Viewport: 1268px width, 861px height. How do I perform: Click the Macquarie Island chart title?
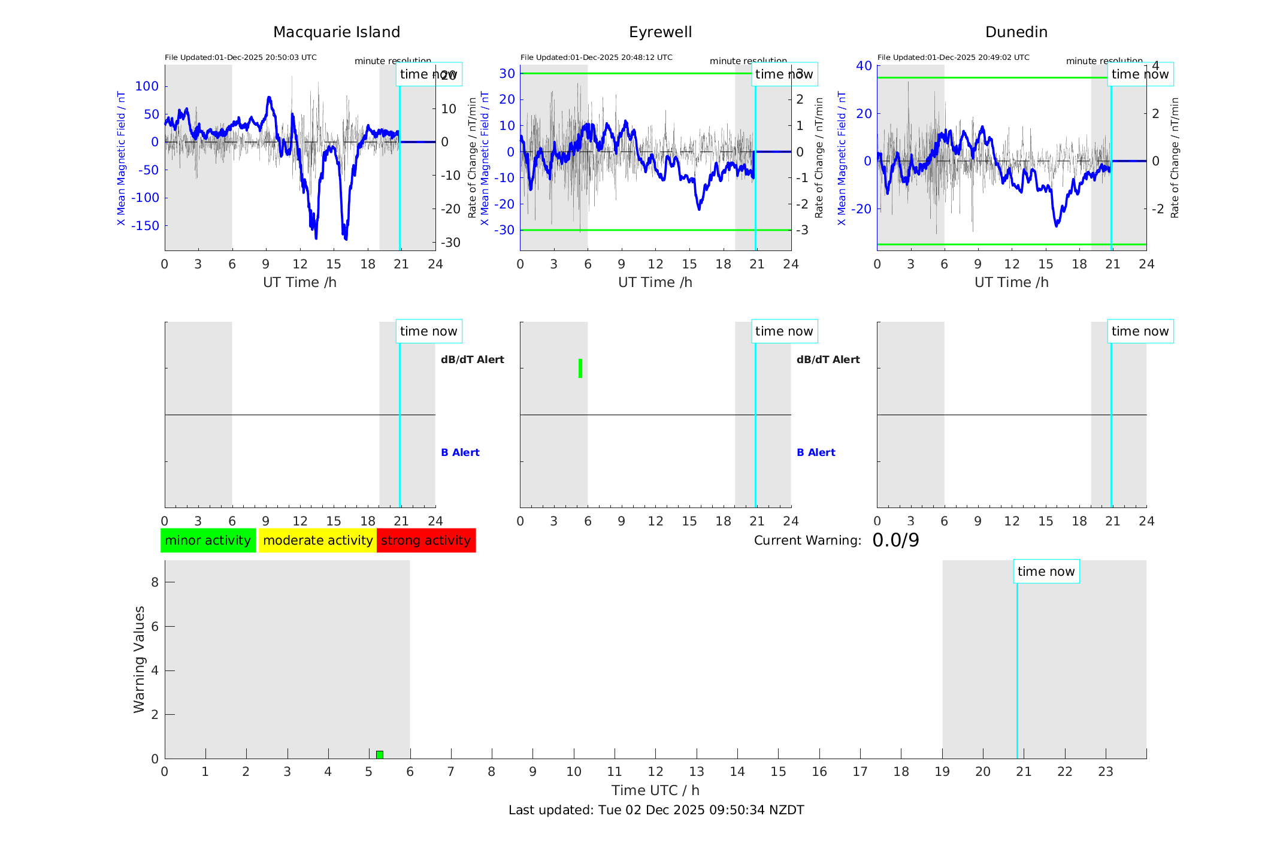point(337,32)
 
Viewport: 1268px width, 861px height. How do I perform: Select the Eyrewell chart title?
point(660,32)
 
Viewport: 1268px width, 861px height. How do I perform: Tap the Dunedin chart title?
point(1016,32)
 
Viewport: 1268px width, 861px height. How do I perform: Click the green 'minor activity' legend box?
point(208,540)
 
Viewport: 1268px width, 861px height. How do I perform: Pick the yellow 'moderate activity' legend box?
point(317,540)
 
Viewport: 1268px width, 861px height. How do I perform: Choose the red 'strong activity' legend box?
point(426,540)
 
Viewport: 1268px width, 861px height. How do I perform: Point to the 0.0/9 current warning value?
point(895,540)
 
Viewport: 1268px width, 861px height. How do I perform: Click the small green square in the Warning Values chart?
point(380,754)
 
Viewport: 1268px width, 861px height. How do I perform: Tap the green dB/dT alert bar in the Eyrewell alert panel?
point(580,368)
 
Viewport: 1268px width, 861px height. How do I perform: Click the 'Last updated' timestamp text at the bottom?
point(656,810)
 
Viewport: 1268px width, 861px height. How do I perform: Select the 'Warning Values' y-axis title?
point(140,659)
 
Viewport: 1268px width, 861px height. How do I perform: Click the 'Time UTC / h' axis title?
point(655,790)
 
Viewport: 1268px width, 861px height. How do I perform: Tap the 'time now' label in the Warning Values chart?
point(1046,572)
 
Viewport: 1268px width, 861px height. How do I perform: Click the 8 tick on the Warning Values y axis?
point(155,582)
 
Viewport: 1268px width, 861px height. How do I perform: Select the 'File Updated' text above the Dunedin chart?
point(953,58)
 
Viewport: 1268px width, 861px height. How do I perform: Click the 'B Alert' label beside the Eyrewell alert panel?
point(816,452)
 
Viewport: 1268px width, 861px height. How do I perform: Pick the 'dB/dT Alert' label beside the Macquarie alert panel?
point(472,359)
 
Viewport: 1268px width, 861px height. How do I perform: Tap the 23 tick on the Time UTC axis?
point(1105,772)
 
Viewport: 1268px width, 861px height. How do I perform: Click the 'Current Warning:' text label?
point(807,540)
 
